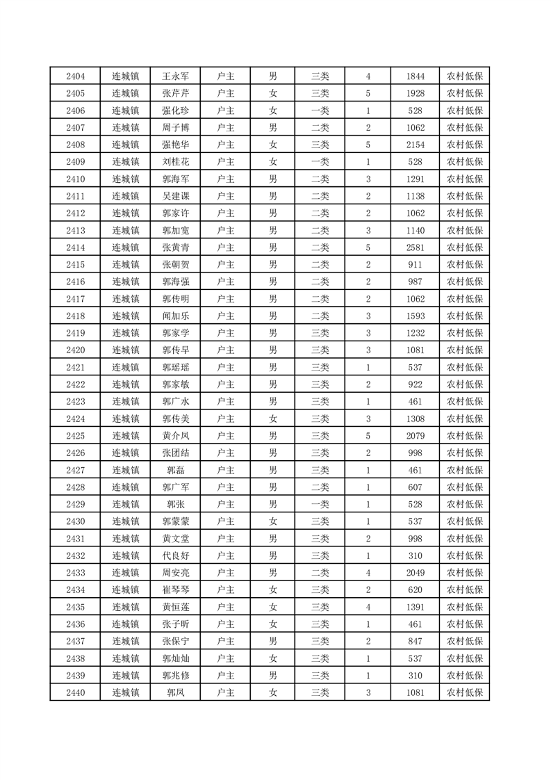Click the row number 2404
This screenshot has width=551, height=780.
tap(75, 76)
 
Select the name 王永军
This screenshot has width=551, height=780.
tap(175, 76)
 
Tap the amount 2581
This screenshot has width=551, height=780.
tap(415, 247)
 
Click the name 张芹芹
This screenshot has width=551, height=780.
tap(175, 94)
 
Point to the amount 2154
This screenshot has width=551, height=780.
tap(415, 145)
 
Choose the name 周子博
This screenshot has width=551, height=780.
tap(175, 128)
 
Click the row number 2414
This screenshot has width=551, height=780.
tap(75, 247)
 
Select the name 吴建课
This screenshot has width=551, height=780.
tap(175, 196)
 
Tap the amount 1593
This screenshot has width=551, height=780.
tap(415, 316)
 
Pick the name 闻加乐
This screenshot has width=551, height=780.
tap(175, 316)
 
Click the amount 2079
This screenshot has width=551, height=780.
tap(415, 436)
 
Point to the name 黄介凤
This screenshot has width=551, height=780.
tap(175, 436)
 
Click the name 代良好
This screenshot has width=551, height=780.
tap(175, 555)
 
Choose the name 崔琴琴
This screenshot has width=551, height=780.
tap(175, 590)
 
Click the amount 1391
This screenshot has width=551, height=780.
tap(415, 607)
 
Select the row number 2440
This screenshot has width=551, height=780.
tap(75, 692)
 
